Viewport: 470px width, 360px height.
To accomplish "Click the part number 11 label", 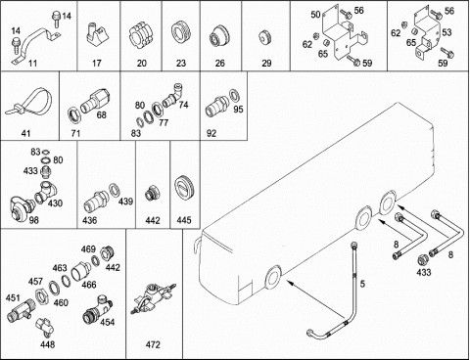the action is point(32,63).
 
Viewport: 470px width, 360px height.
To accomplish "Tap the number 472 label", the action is point(153,344).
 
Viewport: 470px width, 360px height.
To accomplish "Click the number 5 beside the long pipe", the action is point(362,284).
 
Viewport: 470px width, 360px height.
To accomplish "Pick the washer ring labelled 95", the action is point(234,95).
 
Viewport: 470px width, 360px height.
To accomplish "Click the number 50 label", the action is point(315,15).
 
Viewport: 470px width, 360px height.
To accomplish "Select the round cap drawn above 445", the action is point(184,188).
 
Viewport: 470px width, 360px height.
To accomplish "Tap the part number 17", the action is point(97,63).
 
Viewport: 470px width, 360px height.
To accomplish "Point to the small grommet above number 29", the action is point(265,37).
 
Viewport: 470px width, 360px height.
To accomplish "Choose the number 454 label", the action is point(108,322).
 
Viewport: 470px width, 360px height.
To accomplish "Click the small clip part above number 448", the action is point(44,327).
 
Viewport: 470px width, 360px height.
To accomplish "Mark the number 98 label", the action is point(33,220).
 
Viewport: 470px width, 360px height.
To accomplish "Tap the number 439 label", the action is point(125,202).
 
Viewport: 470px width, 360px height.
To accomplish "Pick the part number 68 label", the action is point(102,114).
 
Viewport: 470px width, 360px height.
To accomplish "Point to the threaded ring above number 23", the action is point(181,34).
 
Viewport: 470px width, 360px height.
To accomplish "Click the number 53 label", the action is point(446,32).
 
